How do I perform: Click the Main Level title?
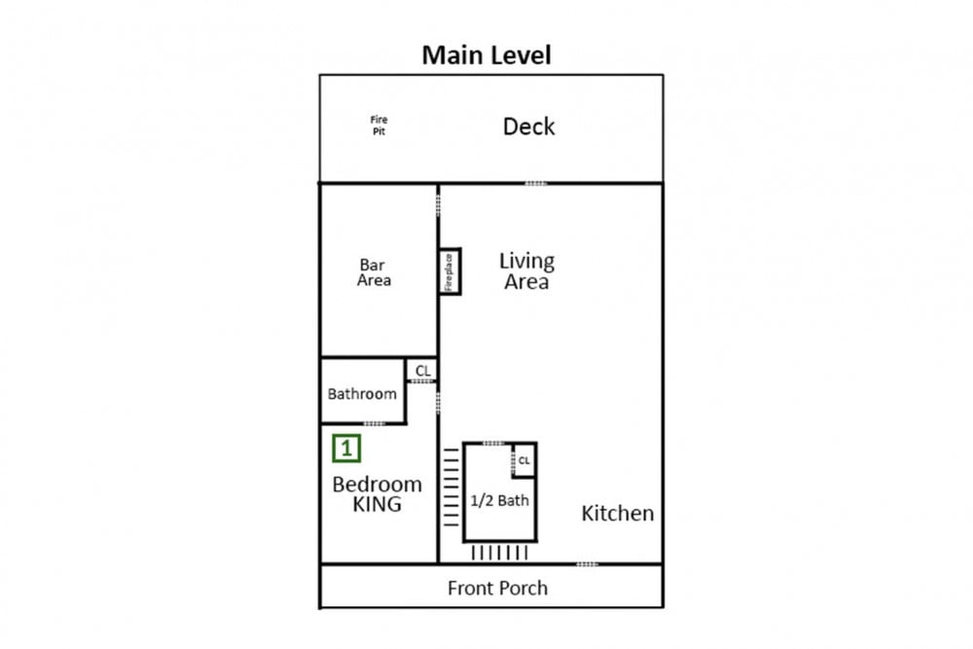pos(486,54)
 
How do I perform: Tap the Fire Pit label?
pos(379,126)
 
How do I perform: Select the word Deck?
pos(528,126)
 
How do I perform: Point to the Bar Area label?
pos(374,272)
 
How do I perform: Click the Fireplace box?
pos(450,271)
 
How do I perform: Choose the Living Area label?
pos(526,271)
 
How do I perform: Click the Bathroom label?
pos(362,394)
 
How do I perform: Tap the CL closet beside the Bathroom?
pos(422,371)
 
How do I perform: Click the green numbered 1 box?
pos(346,448)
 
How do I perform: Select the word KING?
pos(378,504)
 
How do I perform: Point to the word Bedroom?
pos(378,484)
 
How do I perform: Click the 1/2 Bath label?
pos(499,500)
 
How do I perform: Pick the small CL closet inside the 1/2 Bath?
pos(524,460)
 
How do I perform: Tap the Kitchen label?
pos(618,513)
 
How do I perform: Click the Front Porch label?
pos(497,589)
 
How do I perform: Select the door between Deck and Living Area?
pos(535,183)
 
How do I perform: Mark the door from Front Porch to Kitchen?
pos(587,564)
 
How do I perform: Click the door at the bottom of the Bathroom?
pos(375,424)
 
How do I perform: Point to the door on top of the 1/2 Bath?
pos(493,443)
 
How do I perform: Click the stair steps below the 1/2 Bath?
pos(499,553)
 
